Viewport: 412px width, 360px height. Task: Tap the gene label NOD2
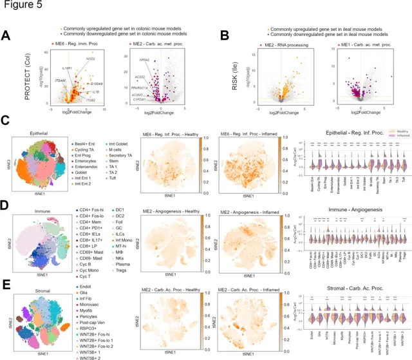point(92,59)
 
